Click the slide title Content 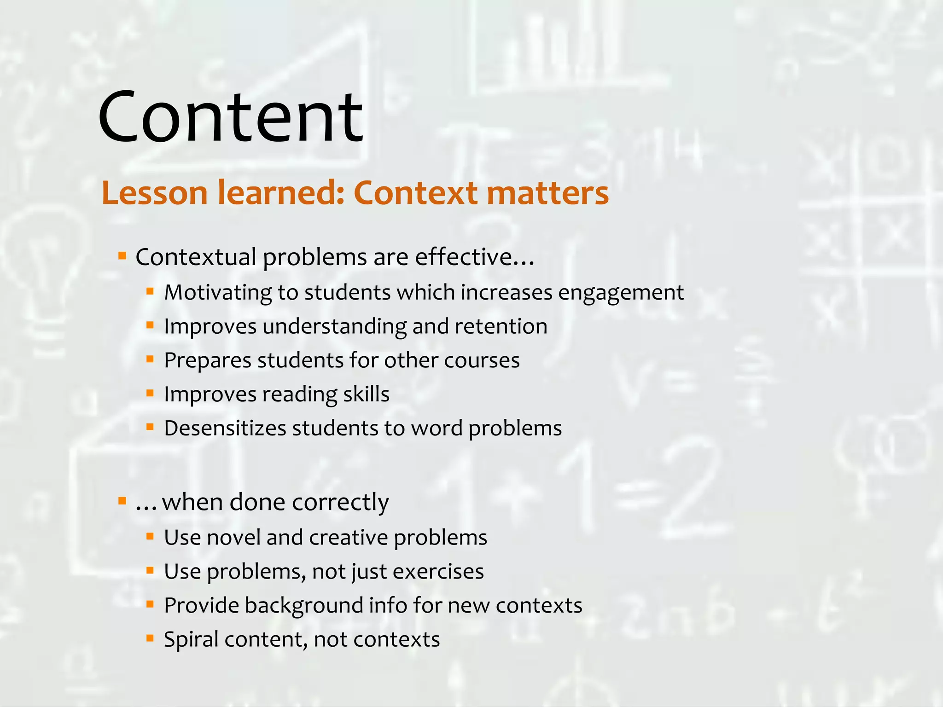pos(230,117)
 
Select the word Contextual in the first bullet pos(195,257)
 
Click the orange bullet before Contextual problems pos(122,255)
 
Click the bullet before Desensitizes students pos(150,427)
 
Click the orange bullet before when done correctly pos(122,501)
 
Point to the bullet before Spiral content pos(150,638)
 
